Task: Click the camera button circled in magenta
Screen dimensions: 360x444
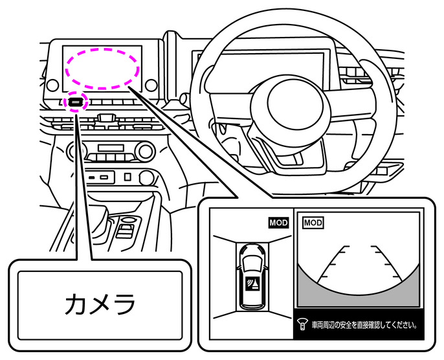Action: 76,102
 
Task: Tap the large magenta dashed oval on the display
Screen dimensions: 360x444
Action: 102,67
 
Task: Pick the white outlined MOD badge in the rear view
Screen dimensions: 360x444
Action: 313,222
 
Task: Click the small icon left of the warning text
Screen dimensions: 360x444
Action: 302,324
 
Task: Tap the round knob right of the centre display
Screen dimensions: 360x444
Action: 151,85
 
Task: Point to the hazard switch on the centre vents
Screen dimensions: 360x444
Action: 107,118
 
